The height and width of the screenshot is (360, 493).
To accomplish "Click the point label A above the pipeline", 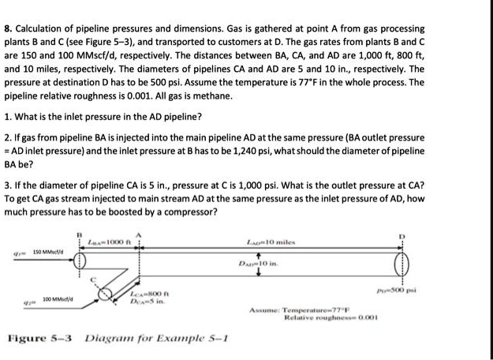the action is [139, 234].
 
